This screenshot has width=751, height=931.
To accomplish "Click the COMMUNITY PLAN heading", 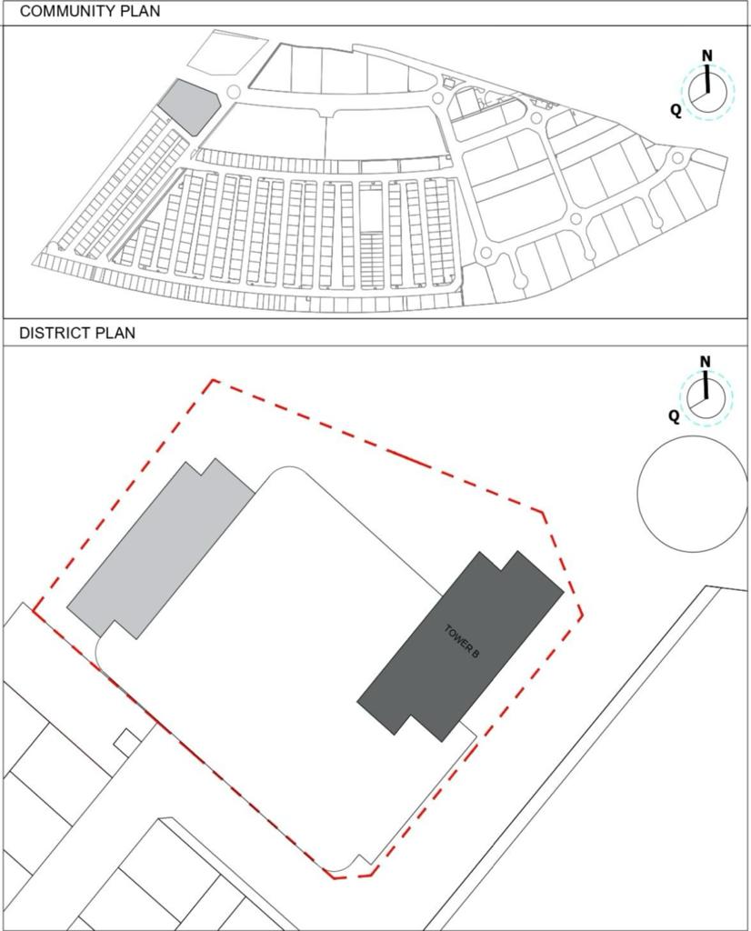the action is tap(90, 11).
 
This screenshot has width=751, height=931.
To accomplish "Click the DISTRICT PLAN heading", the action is tap(77, 333).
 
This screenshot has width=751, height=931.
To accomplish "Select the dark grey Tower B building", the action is tap(460, 646).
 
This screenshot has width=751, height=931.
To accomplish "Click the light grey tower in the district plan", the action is tap(160, 549).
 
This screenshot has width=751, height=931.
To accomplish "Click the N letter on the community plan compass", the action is tap(707, 55).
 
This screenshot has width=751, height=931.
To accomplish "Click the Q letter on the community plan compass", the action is tap(676, 110).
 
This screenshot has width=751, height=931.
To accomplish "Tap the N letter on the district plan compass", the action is tap(706, 362).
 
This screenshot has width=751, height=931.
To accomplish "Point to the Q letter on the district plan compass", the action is tap(673, 415).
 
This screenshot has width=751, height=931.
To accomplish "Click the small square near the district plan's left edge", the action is tap(127, 742).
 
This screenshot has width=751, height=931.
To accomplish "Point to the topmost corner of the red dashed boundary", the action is tap(214, 380).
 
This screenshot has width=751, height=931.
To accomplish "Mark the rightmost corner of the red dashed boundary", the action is tap(583, 616).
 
